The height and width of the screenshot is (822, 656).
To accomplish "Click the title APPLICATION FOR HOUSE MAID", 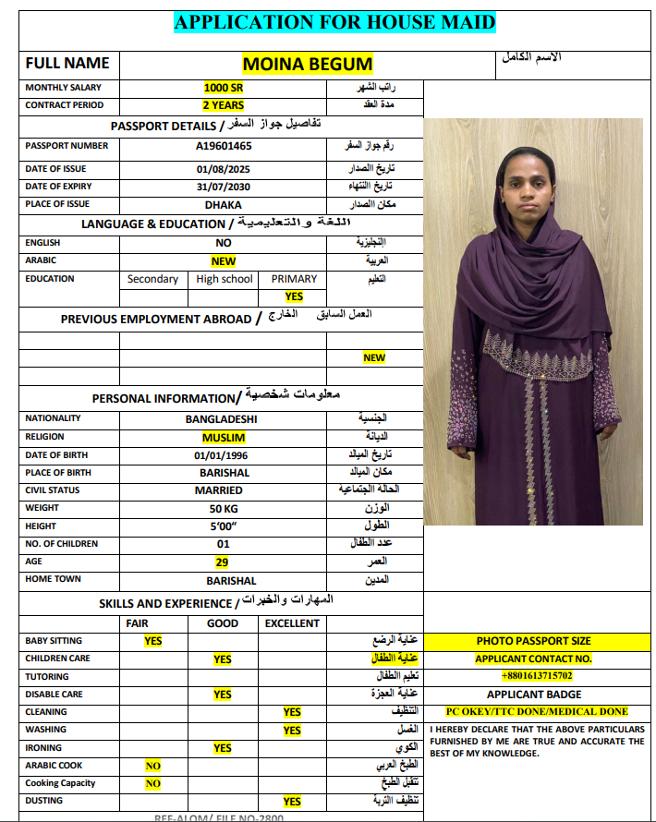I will point(334,23).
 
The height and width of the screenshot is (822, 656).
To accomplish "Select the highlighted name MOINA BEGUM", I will point(308,64).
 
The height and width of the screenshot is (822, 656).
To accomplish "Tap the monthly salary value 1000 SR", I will point(224,88).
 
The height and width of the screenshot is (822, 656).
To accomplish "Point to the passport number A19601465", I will point(224,146).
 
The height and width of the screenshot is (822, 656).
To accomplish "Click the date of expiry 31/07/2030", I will point(224,187).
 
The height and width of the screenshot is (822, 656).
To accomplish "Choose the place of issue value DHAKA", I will point(224,204).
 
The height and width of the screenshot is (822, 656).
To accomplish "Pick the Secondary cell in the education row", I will point(153,279).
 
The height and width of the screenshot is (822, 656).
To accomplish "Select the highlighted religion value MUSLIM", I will point(224,437).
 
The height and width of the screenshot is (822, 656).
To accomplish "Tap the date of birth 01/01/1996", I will point(224,455).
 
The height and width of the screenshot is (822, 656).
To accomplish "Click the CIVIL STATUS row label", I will point(53,490).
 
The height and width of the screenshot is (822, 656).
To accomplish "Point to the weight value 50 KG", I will point(224,509).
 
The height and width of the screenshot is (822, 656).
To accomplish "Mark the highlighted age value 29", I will point(223,562).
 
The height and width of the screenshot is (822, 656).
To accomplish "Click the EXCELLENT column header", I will point(292,623).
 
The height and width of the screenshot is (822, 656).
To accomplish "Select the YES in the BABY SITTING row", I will point(153,641).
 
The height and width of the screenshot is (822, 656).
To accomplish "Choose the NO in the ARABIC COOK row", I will point(153,766).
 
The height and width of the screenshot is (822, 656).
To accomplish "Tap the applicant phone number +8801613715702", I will point(537,677).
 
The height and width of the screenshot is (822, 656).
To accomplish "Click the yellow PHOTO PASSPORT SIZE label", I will point(534,641).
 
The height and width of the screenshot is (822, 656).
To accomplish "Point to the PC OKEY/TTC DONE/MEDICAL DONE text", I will point(537,712).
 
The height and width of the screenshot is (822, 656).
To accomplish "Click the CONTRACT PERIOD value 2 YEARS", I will point(223,105).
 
